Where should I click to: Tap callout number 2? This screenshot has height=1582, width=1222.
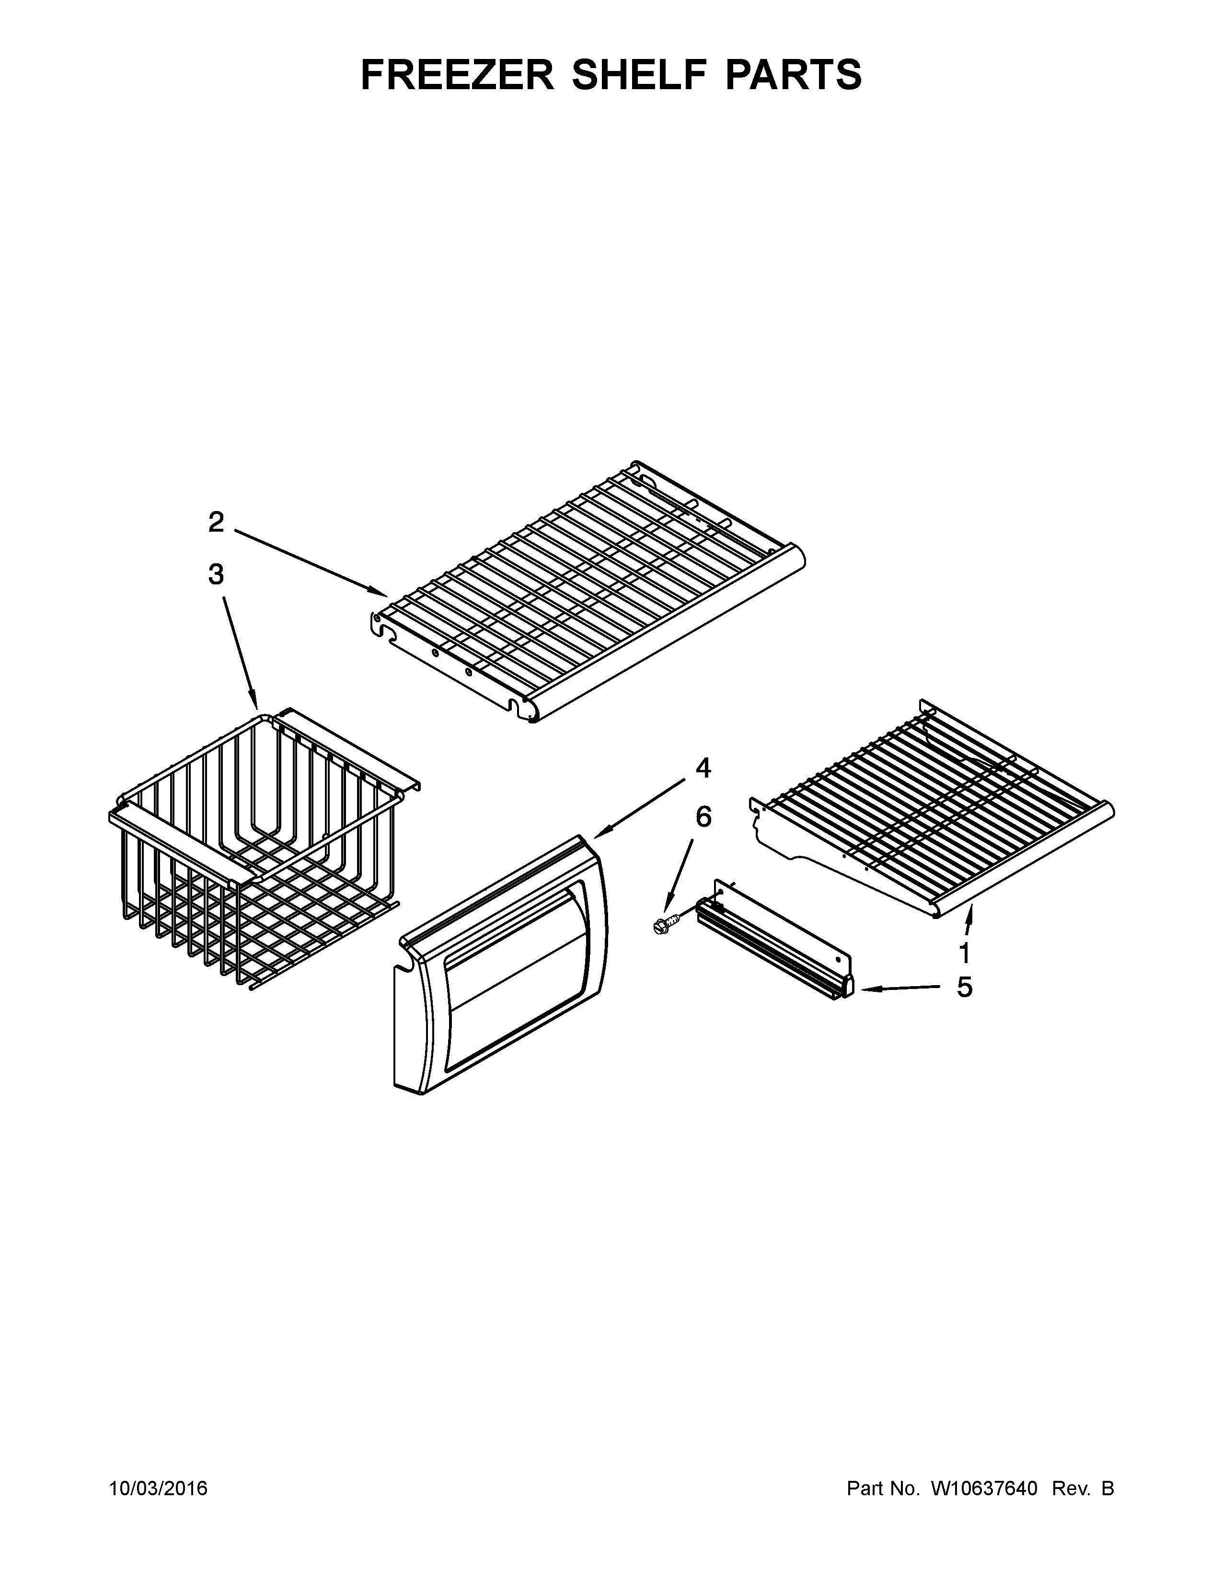[216, 522]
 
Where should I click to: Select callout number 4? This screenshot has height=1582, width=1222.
[703, 768]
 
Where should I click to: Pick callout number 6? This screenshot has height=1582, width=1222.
[703, 816]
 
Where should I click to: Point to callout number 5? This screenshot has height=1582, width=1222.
[964, 987]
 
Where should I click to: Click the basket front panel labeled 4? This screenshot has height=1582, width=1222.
[499, 971]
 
